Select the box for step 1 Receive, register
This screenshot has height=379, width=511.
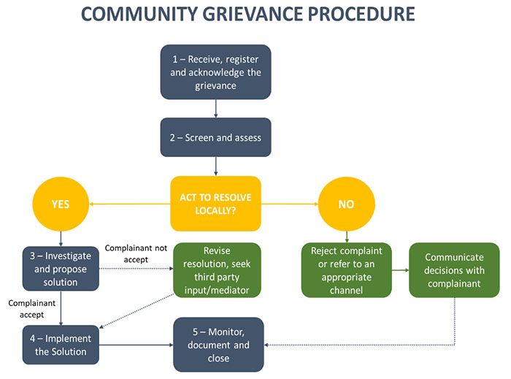pyautogui.click(x=215, y=72)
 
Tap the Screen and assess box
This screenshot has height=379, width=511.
pyautogui.click(x=215, y=137)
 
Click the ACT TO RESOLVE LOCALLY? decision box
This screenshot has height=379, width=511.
pyautogui.click(x=215, y=204)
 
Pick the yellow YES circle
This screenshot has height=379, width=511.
pyautogui.click(x=61, y=204)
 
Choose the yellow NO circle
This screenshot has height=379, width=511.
pyautogui.click(x=347, y=204)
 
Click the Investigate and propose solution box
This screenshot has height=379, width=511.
pyautogui.click(x=61, y=269)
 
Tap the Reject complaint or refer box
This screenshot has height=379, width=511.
pyautogui.click(x=347, y=270)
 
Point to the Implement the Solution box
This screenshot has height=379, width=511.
pyautogui.click(x=61, y=345)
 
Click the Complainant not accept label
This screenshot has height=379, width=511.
pyautogui.click(x=137, y=253)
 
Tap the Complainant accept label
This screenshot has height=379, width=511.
pyautogui.click(x=28, y=307)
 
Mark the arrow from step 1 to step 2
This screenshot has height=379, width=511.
pyautogui.click(x=215, y=108)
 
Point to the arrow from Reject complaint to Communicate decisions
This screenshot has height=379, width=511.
pyautogui.click(x=400, y=270)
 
